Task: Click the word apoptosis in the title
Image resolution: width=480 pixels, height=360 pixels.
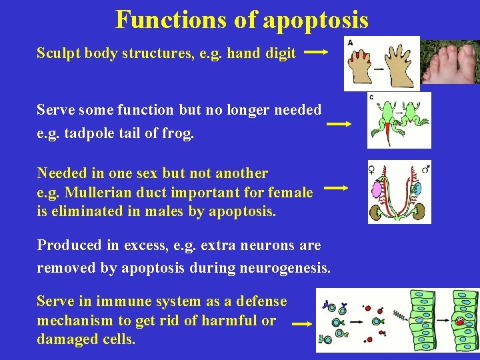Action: click(x=315, y=20)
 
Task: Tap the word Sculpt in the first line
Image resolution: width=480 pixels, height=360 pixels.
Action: click(x=58, y=54)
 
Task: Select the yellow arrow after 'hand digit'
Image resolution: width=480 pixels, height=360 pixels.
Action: click(x=315, y=51)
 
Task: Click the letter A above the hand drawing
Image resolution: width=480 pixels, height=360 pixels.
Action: click(x=351, y=42)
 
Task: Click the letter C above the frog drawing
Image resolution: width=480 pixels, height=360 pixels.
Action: click(x=372, y=98)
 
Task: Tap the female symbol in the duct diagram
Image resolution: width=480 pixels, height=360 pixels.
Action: click(x=373, y=169)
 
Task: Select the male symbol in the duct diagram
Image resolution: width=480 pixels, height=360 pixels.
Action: click(x=425, y=169)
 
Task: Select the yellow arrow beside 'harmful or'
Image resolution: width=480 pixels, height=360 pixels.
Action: click(x=303, y=324)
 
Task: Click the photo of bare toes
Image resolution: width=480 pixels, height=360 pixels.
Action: click(x=451, y=61)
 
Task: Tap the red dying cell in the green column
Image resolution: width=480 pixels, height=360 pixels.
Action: click(x=460, y=322)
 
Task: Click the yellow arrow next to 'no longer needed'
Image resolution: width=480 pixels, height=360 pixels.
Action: click(x=339, y=123)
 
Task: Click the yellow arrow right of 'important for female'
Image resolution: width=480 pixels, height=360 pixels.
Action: click(x=335, y=189)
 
